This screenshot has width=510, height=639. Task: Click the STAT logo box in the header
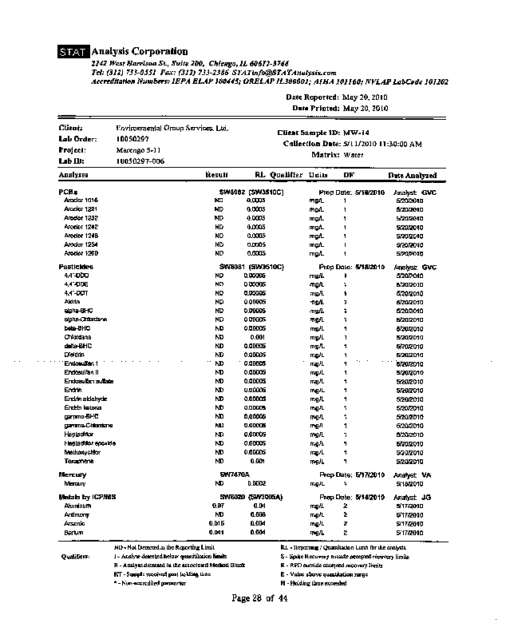tap(73, 53)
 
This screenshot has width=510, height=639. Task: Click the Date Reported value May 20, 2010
tap(365, 97)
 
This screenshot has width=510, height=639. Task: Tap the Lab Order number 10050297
tap(132, 139)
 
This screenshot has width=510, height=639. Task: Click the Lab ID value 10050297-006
tap(140, 161)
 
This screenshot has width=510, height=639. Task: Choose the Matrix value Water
tap(352, 154)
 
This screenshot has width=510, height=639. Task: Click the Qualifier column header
tap(286, 174)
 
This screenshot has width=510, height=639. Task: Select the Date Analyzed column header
tap(412, 175)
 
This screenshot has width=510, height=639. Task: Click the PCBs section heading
tap(68, 192)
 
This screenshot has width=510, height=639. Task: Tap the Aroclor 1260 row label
tap(81, 253)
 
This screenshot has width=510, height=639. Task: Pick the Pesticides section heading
tap(76, 267)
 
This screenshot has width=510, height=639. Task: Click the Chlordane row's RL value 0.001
tap(258, 337)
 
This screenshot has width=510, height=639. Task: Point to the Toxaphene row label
tap(80, 462)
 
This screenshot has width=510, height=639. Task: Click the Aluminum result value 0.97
tap(218, 506)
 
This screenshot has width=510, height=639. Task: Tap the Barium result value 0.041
tap(217, 532)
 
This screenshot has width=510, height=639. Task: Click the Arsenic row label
tap(75, 523)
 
